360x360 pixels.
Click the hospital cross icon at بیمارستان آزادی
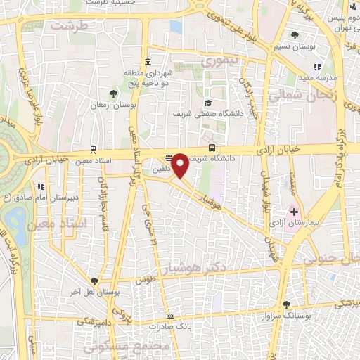click(x=294, y=211)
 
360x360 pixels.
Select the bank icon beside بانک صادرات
click(x=170, y=316)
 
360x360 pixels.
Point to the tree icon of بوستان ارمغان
click(x=112, y=92)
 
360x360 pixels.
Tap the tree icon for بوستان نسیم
click(x=296, y=36)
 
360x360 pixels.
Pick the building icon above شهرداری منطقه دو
click(x=147, y=60)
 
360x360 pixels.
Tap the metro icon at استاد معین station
click(x=92, y=150)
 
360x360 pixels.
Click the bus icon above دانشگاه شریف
click(x=212, y=148)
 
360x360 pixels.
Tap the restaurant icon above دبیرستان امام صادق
click(x=42, y=187)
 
